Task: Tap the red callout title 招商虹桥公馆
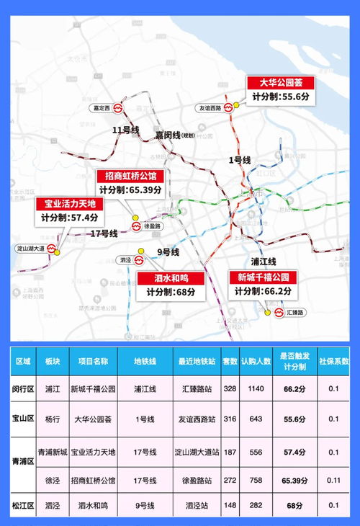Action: (x=130, y=176)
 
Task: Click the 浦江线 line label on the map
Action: (x=264, y=261)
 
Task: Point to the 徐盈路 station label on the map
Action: (x=153, y=226)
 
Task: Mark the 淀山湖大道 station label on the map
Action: (x=31, y=249)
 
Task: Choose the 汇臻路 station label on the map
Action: (x=296, y=312)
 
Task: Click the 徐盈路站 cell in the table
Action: (x=194, y=478)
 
